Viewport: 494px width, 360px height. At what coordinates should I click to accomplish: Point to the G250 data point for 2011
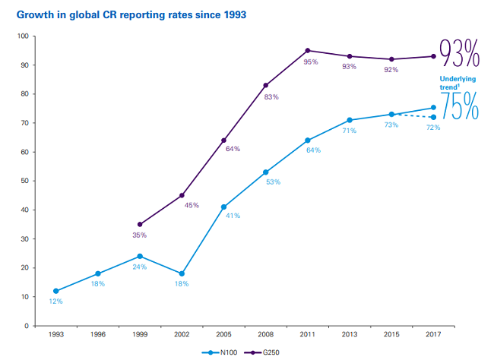point(308,51)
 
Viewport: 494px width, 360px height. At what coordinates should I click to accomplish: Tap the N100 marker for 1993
point(56,291)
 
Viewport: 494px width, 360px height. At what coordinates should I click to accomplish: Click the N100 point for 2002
point(182,273)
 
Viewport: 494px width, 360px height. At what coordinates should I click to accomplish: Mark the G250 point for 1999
point(140,225)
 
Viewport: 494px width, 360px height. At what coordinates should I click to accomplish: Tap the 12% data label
point(56,302)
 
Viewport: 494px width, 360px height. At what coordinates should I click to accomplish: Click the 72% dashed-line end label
point(433,128)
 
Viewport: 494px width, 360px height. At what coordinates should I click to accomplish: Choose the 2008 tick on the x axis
point(266,333)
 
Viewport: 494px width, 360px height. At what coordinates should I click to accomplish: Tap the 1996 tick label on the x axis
point(98,333)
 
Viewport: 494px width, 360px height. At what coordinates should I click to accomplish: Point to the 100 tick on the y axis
point(21,36)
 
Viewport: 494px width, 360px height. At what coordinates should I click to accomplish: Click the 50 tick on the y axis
point(24,181)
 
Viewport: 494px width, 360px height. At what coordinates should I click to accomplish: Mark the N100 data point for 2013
point(350,120)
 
